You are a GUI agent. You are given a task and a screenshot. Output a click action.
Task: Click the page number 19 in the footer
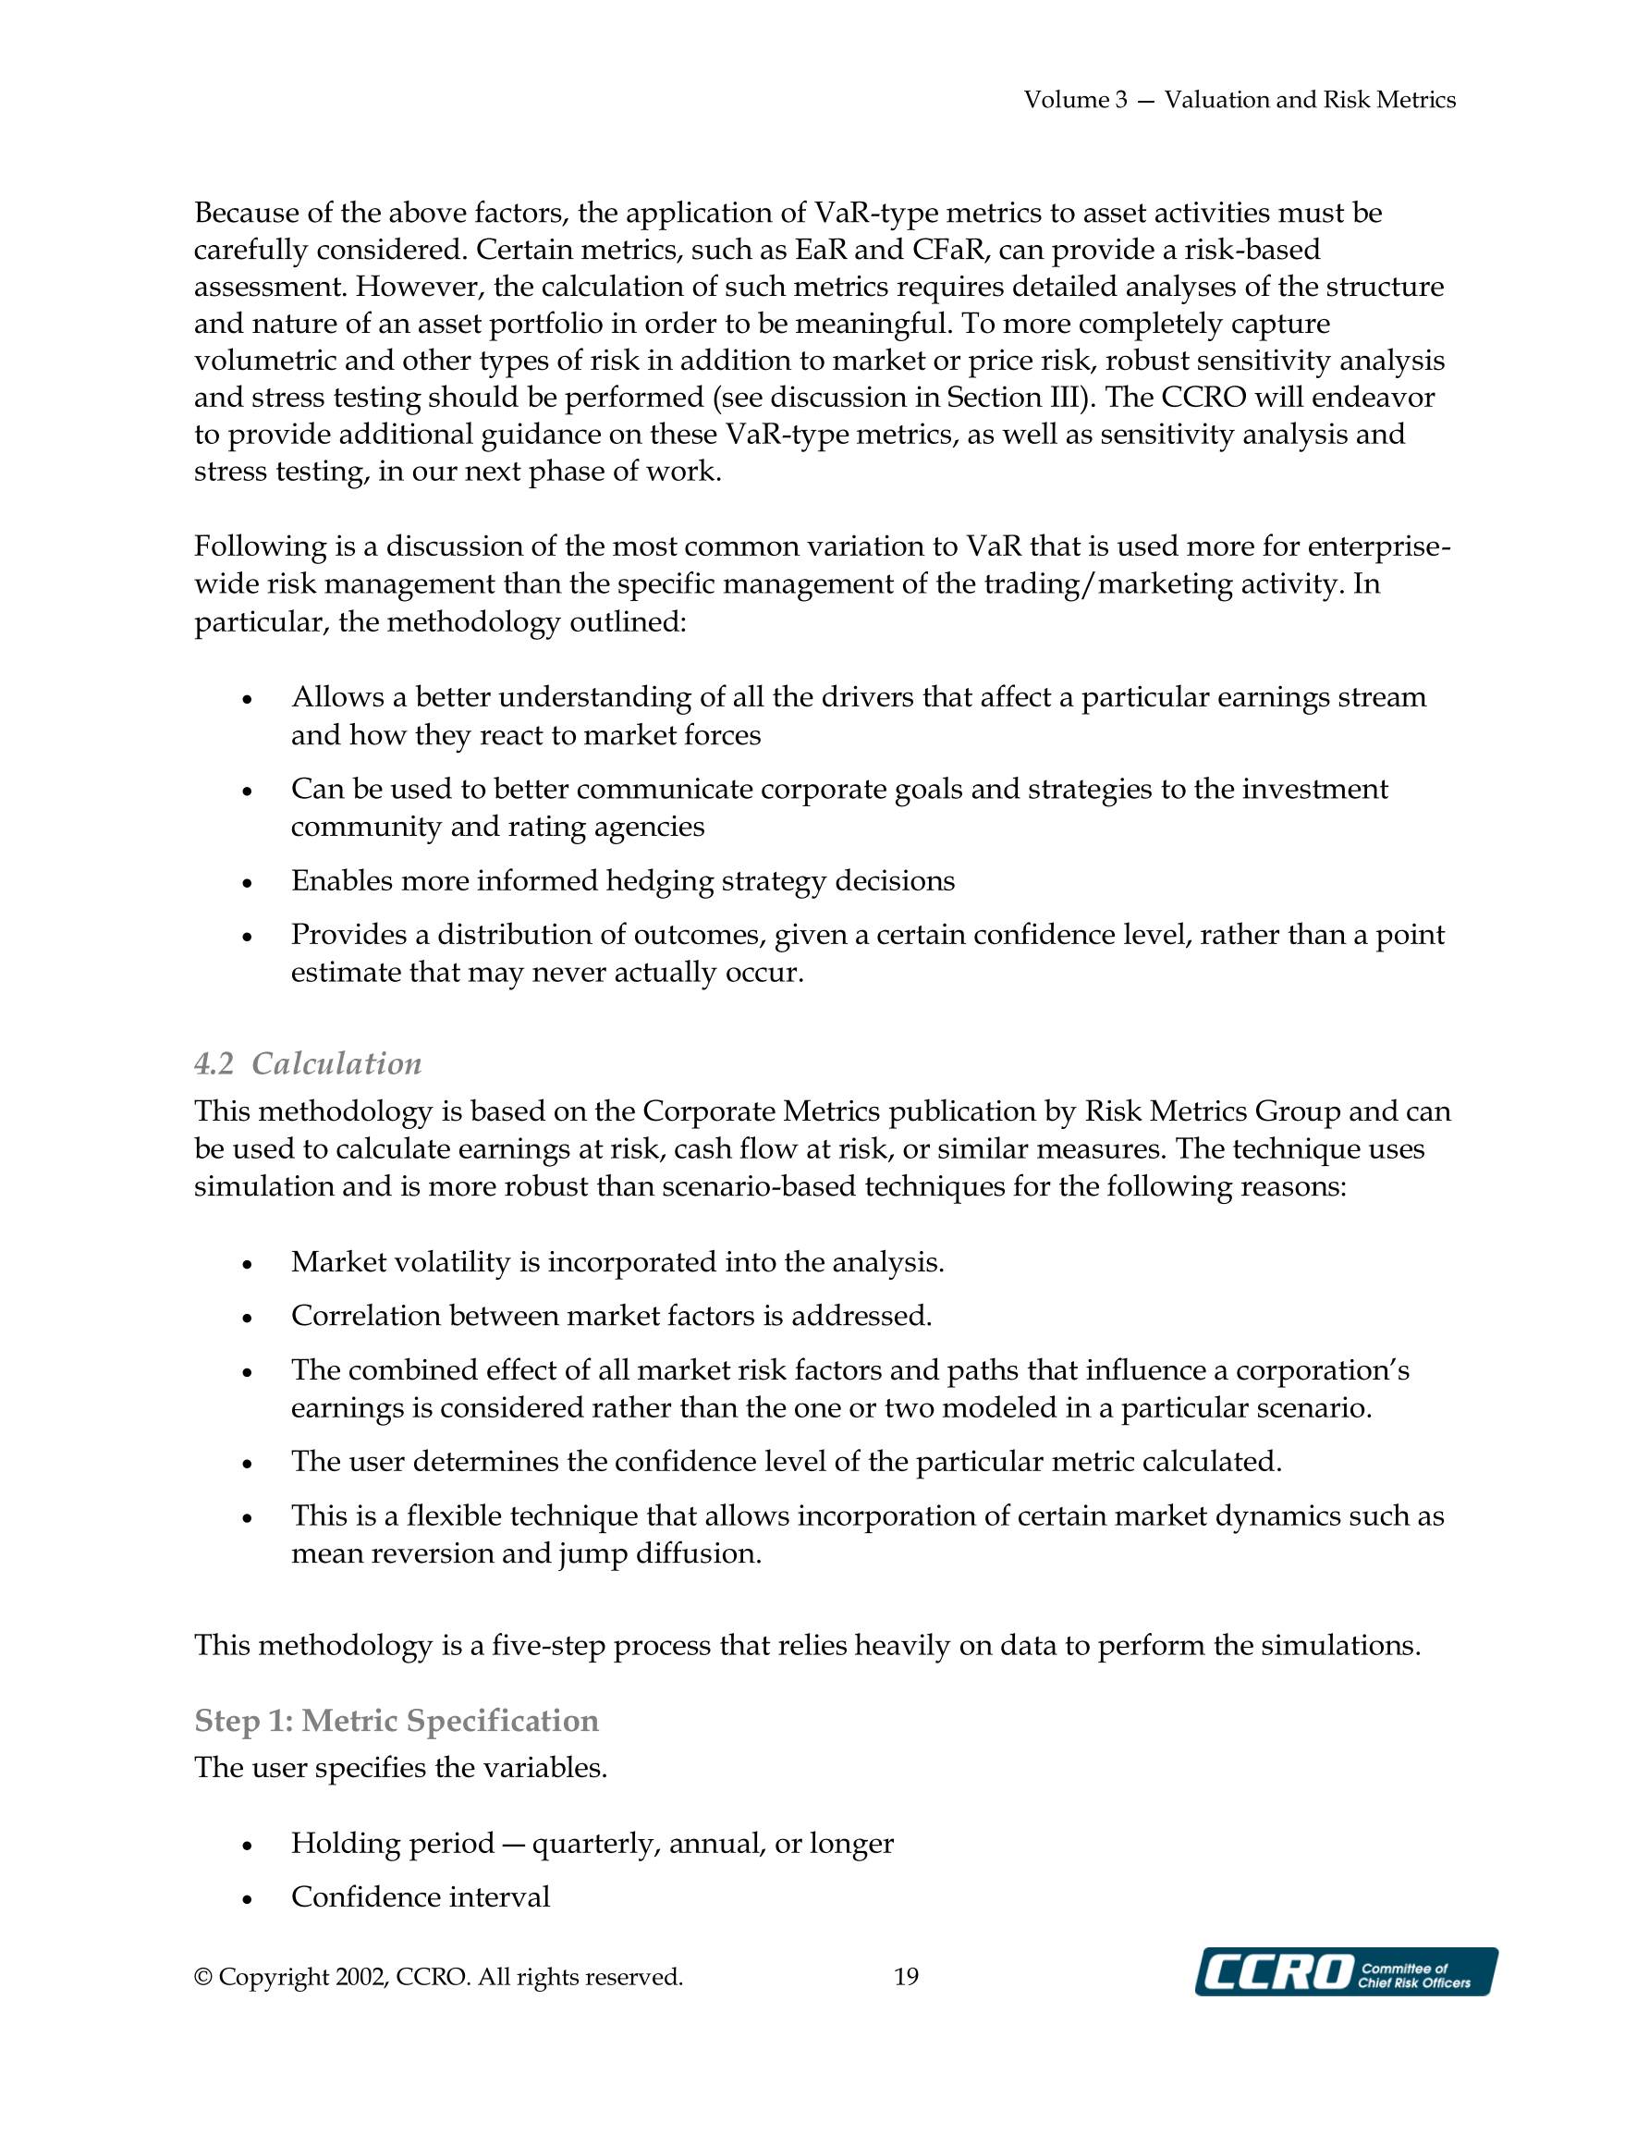(x=906, y=1977)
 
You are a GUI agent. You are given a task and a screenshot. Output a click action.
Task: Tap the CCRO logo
(x=1346, y=1971)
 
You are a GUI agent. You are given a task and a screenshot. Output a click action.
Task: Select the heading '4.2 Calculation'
(x=308, y=1063)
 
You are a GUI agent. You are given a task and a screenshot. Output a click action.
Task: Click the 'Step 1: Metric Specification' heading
(x=396, y=1721)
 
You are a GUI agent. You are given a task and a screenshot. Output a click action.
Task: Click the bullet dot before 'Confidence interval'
(x=248, y=1899)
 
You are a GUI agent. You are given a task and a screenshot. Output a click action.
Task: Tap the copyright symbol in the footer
(x=203, y=1977)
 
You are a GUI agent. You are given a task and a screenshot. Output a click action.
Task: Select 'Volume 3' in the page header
(x=1075, y=100)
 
